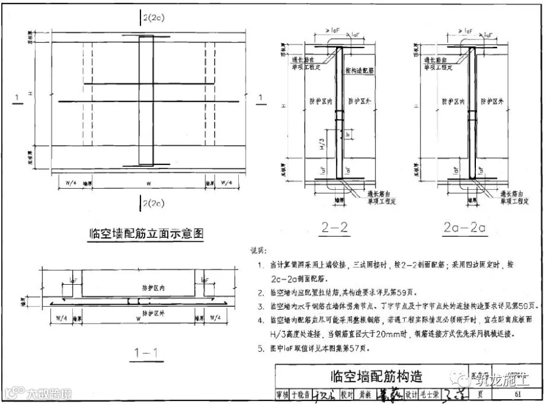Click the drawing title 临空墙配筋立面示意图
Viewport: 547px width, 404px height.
tap(145, 233)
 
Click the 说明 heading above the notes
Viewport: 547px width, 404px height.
tap(258, 251)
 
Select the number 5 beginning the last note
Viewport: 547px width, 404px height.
tap(259, 349)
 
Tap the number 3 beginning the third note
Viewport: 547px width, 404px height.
tap(259, 305)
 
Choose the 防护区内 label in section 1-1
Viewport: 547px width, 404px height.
tap(137, 287)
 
